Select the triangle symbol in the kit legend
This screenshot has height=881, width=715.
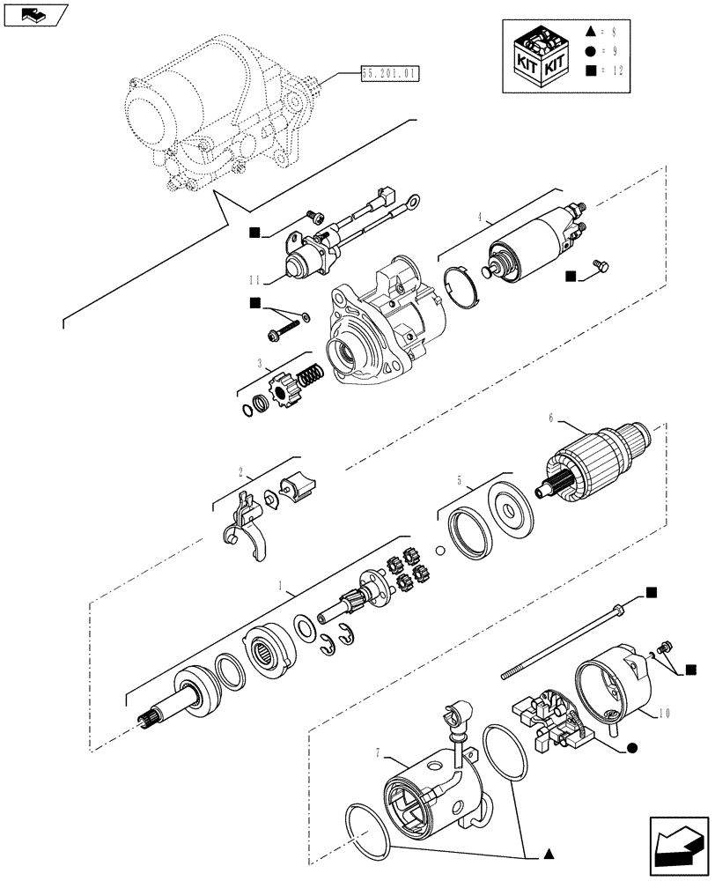(590, 32)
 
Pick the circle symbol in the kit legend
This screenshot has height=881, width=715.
(590, 51)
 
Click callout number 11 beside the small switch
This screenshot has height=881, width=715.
(254, 281)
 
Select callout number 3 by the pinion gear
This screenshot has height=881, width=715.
(260, 362)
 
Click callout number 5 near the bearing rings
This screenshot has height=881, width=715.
(459, 481)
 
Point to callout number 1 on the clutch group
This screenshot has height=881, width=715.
(280, 586)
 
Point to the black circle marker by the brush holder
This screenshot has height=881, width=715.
(631, 749)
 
